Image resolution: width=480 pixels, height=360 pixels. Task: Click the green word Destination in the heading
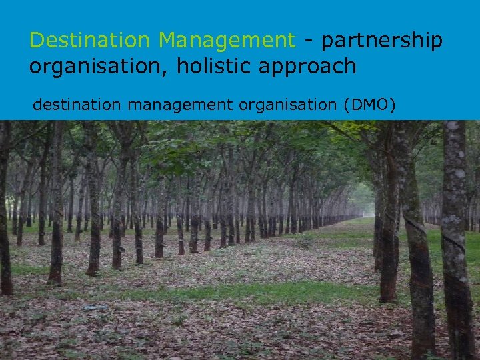(x=89, y=41)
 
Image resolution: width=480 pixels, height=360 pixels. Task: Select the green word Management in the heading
(x=226, y=41)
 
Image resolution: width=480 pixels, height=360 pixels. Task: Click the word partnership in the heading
(x=381, y=41)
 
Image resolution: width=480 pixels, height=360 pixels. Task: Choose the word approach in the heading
(x=311, y=67)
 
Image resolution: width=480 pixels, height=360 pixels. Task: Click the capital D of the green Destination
(x=36, y=41)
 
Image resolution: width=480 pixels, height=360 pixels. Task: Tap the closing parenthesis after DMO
(x=392, y=105)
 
